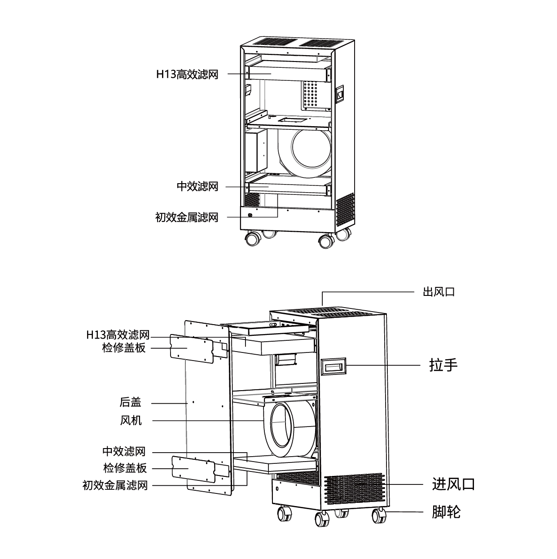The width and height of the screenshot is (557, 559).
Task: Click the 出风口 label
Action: [x=439, y=292]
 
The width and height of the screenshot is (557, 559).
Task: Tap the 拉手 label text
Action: [x=443, y=365]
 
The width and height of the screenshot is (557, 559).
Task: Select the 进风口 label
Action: [x=453, y=484]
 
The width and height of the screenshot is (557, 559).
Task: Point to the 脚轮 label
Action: [x=446, y=511]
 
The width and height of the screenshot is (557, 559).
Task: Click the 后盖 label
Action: [x=130, y=402]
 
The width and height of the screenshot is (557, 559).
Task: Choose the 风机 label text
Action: [x=131, y=420]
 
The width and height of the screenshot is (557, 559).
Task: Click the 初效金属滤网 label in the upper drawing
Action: [x=186, y=217]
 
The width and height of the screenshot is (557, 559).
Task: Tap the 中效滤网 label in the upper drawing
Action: [x=197, y=186]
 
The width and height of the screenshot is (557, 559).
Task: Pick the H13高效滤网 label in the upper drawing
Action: [x=187, y=74]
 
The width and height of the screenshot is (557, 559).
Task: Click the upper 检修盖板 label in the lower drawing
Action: [x=124, y=348]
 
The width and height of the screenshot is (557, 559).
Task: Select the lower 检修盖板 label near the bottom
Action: [x=125, y=468]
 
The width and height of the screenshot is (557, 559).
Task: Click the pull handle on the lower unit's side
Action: [x=333, y=366]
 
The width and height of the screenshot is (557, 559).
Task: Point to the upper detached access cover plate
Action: [x=191, y=348]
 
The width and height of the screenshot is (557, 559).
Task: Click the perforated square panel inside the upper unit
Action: [x=313, y=94]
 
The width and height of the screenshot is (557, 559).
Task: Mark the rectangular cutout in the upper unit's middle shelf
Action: [x=291, y=119]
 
